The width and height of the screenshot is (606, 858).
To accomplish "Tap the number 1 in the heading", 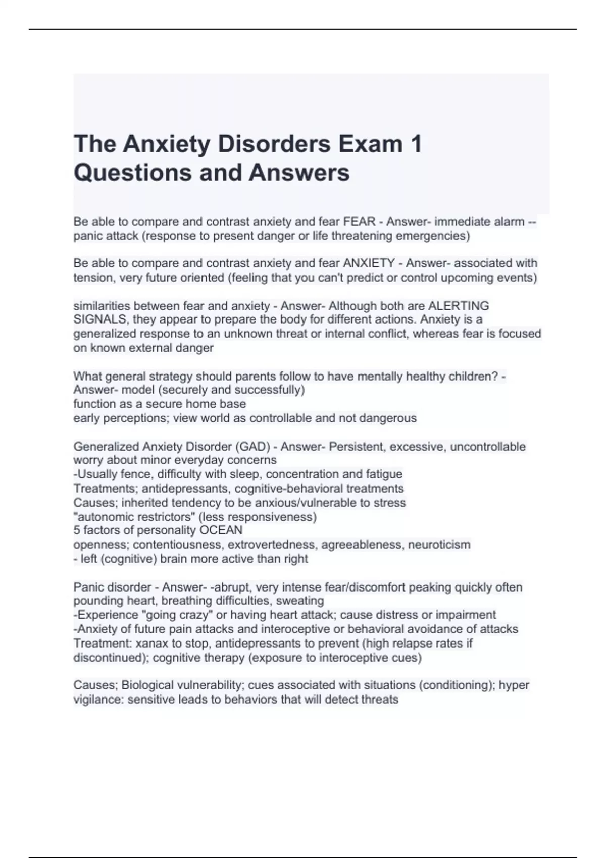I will click(x=416, y=144).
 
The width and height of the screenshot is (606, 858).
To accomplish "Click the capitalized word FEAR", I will click(x=359, y=222).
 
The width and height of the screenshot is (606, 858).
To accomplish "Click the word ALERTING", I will click(x=458, y=306).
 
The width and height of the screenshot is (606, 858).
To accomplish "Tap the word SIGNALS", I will click(x=100, y=319).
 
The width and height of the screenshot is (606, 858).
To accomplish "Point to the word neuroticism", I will click(x=439, y=545).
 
